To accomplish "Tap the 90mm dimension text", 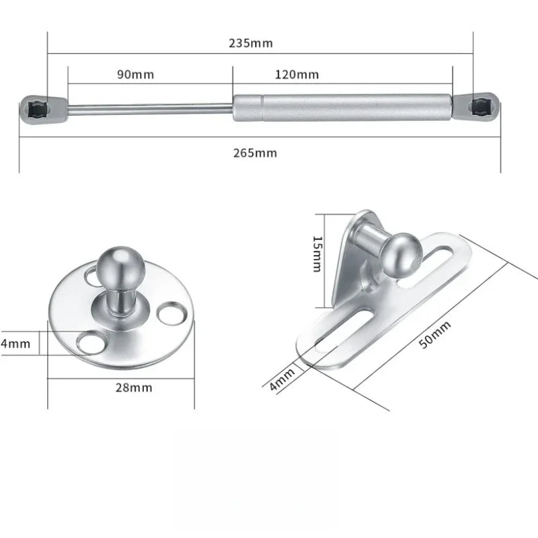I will (x=135, y=75).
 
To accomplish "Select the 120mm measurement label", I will (x=297, y=75).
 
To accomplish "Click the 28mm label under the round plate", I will (x=133, y=387).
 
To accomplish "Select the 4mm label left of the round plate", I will (x=15, y=344).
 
